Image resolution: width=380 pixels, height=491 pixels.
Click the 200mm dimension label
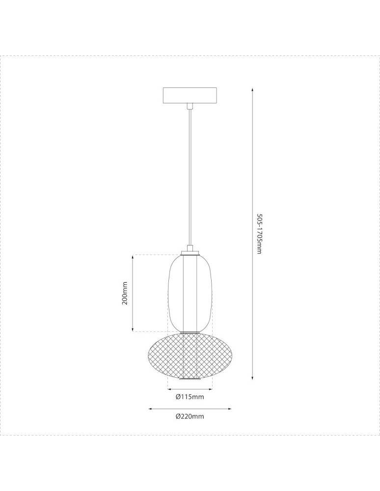125,293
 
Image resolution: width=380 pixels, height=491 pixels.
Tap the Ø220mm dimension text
190,416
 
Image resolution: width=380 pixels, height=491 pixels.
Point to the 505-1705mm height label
259,234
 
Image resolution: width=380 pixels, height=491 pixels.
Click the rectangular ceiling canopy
190,95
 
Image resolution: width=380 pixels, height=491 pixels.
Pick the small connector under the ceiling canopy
190,105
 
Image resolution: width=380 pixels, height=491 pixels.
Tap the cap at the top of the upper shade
190,253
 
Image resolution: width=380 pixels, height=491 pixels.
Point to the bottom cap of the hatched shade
190,379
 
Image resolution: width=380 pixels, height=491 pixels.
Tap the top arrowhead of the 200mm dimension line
133,256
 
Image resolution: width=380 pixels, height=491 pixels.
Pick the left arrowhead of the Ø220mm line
150,408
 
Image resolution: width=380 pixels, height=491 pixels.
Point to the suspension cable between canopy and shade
190,177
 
